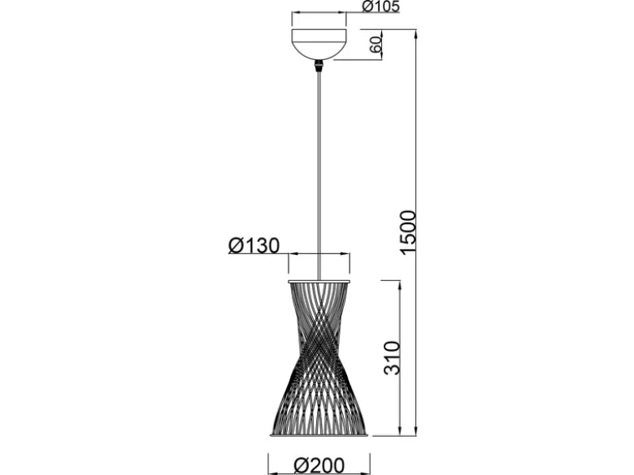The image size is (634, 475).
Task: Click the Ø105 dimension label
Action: pos(380,6)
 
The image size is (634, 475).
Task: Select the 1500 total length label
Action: pos(407,232)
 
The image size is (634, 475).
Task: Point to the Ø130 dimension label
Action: pos(254,245)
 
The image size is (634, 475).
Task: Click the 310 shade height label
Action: pos(392,358)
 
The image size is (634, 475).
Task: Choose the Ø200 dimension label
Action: pos(319,466)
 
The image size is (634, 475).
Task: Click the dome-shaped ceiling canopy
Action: pos(319,44)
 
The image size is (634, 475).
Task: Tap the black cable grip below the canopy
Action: pos(319,66)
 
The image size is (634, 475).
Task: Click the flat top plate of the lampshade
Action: pos(319,281)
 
